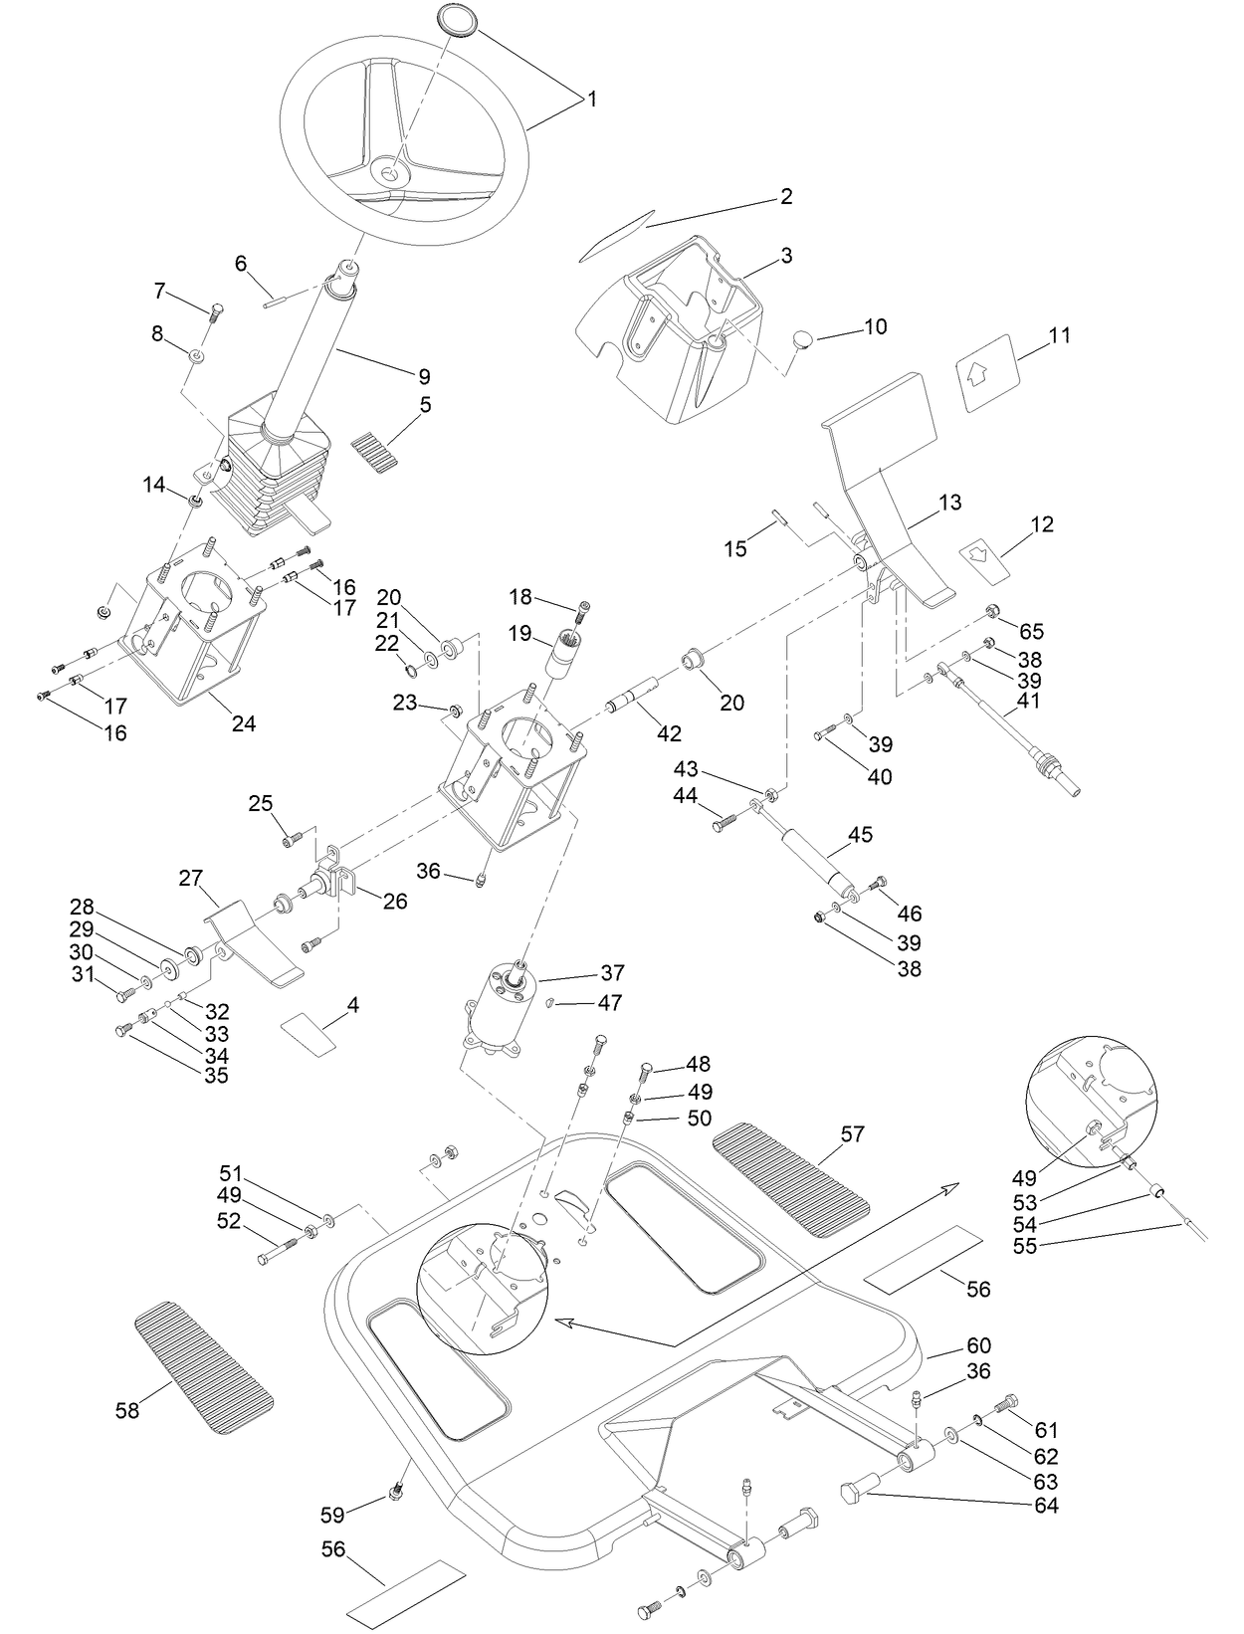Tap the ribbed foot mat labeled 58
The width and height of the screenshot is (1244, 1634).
coord(203,1367)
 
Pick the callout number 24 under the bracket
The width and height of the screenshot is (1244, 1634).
coord(244,724)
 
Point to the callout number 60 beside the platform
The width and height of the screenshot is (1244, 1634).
coord(977,1346)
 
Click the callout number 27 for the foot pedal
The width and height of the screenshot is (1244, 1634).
coord(190,879)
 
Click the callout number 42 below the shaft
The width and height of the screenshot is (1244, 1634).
coord(669,734)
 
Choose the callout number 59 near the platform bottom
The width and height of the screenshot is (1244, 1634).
coord(331,1515)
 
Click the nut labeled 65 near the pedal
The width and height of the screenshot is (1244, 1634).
coord(992,611)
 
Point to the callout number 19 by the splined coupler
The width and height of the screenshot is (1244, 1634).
coord(520,631)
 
